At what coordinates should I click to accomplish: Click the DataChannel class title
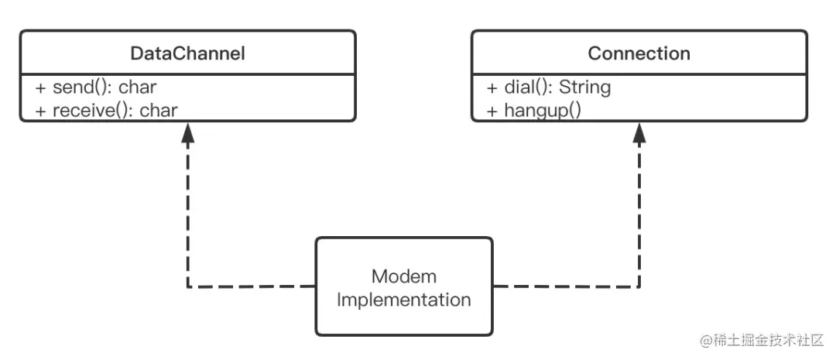pos(187,53)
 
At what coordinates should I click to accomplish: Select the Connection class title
pos(639,53)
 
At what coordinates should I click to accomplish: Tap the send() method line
pos(96,87)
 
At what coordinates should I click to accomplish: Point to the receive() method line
pos(106,111)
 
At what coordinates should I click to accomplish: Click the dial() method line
pos(549,87)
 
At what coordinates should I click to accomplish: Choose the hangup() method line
pos(533,111)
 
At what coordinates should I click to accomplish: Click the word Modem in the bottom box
pos(403,276)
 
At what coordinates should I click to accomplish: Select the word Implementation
pos(403,300)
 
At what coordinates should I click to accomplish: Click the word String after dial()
pos(585,87)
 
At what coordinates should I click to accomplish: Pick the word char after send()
pos(138,87)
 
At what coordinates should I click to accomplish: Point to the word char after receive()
pos(159,111)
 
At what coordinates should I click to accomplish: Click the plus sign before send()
pos(41,87)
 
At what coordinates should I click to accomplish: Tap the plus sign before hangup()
pos(492,111)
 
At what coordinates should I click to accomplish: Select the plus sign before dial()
pos(492,87)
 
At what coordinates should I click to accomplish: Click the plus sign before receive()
pos(41,111)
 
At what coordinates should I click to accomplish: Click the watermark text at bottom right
pos(762,341)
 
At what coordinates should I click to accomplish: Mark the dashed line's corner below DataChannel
pos(187,287)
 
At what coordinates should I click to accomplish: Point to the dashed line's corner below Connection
pos(639,287)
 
